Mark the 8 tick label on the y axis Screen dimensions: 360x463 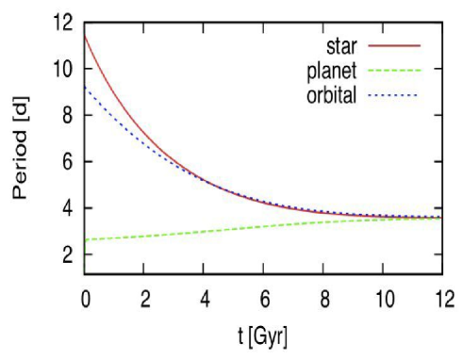[67, 115]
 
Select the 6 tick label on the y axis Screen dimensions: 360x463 [67, 161]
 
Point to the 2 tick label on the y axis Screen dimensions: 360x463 [67, 254]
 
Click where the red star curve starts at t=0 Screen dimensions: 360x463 [86, 35]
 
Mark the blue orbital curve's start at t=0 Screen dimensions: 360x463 [86, 87]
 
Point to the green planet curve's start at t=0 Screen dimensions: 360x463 [86, 240]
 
